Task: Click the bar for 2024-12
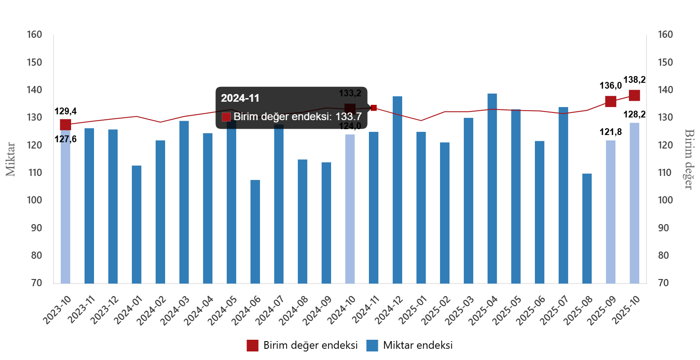point(397,189)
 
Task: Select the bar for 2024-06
point(255,232)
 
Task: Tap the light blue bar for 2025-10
point(634,202)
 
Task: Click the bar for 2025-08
point(587,228)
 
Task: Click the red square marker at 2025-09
point(610,101)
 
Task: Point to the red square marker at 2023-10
point(65,125)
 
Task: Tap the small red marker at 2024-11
point(374,108)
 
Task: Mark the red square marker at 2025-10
point(634,95)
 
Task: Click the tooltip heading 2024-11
point(240,98)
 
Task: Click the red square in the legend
point(252,346)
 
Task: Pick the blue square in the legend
point(372,346)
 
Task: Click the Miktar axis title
point(10,159)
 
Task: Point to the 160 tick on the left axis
point(34,35)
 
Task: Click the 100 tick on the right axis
point(665,200)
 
